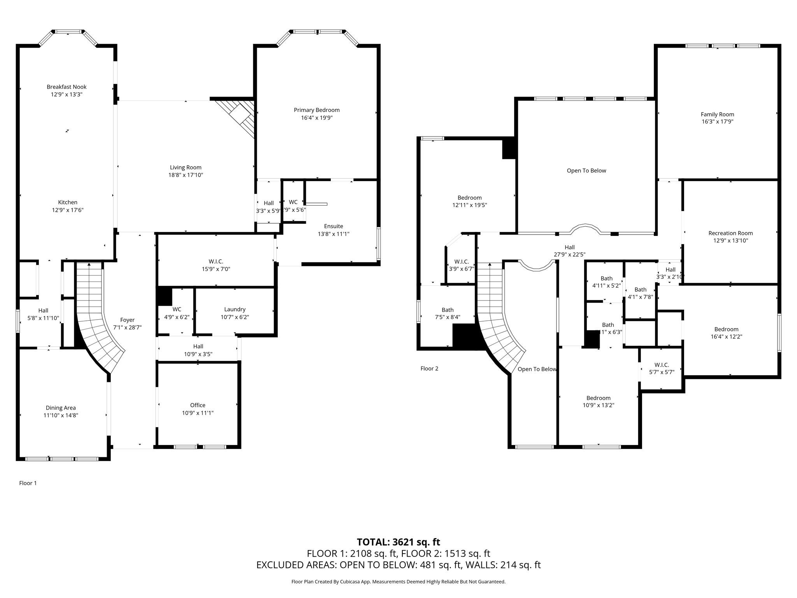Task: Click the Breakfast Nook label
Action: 67,87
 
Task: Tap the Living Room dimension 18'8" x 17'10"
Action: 186,175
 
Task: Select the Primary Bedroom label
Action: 316,110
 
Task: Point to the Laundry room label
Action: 235,310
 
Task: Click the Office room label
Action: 198,405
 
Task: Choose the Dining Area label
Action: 61,408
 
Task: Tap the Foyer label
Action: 127,320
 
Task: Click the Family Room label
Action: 717,114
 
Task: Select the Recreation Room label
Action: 730,233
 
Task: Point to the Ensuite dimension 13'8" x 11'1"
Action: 334,234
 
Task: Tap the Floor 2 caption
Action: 429,369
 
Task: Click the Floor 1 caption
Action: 28,483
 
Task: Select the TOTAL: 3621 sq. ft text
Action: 398,542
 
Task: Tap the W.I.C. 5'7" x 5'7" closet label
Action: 662,368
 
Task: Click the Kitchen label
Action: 68,202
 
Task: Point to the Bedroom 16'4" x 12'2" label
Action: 726,329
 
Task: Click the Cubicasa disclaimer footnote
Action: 398,582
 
